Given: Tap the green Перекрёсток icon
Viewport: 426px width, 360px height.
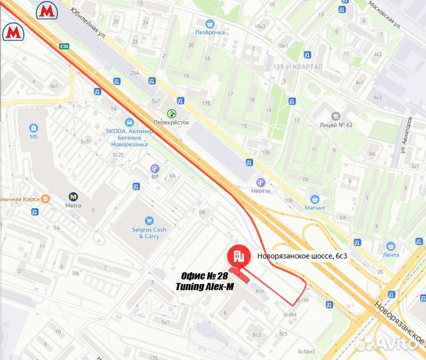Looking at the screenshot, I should (173, 113).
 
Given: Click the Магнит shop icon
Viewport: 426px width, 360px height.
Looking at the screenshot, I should (314, 199).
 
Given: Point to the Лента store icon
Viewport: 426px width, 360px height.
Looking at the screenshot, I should (391, 245).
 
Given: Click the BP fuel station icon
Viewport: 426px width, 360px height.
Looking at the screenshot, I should (155, 169).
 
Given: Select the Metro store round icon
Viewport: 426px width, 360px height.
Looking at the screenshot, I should (73, 197).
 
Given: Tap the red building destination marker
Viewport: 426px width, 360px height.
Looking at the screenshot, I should (239, 255).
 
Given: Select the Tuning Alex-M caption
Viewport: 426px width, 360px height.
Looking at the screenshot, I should (205, 287).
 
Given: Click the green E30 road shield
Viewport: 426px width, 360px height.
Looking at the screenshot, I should (64, 46).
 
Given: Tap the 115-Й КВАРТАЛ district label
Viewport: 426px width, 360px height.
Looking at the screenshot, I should (297, 67).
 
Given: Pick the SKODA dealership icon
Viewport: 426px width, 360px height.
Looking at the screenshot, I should (129, 123).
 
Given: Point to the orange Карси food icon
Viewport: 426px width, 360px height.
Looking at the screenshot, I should (45, 199).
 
